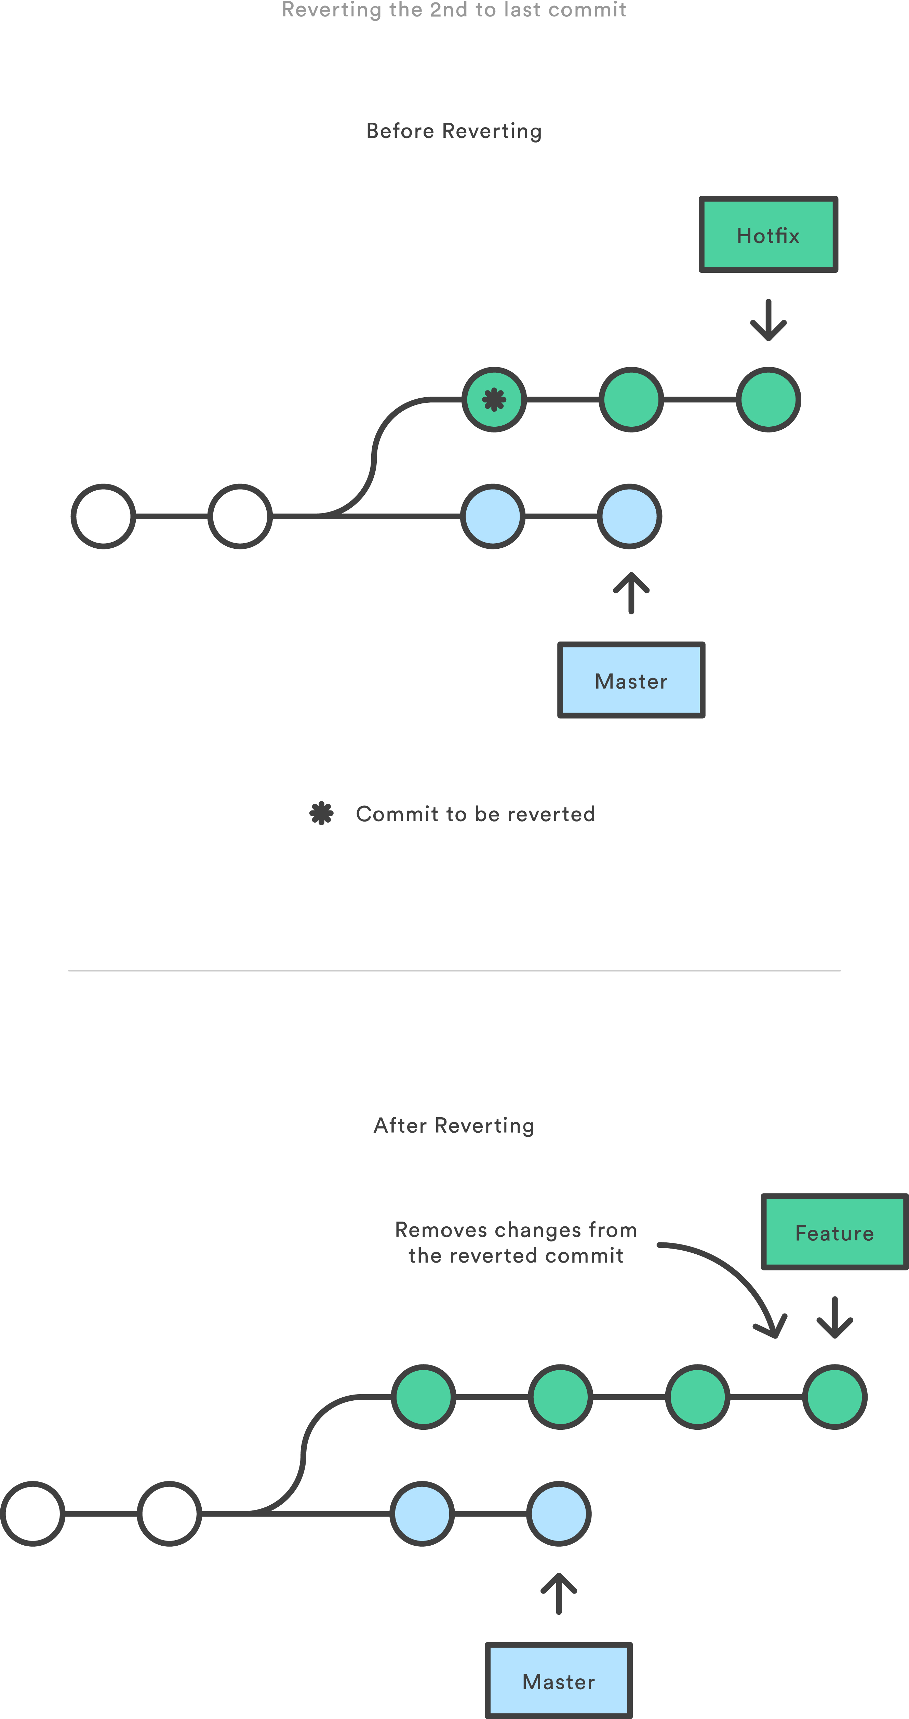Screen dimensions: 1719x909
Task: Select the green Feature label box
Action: click(834, 1232)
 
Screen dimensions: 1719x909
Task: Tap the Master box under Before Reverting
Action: click(631, 680)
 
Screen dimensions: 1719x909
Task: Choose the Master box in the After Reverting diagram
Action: click(559, 1680)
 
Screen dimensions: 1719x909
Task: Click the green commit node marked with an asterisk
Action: click(494, 400)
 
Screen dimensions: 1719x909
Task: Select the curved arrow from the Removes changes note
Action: click(734, 1275)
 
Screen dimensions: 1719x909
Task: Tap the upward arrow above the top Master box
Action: click(631, 592)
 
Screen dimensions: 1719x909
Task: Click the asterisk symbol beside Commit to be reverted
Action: click(322, 813)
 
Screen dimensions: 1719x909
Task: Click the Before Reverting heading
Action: click(454, 131)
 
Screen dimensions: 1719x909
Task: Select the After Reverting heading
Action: click(454, 1125)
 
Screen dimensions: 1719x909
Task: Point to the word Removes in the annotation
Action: click(441, 1229)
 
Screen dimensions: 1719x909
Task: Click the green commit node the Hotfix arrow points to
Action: click(768, 400)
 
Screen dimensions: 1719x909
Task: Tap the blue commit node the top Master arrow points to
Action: click(629, 516)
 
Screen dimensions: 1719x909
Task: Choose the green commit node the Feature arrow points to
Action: click(834, 1396)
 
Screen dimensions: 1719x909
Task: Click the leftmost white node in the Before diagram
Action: click(104, 516)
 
